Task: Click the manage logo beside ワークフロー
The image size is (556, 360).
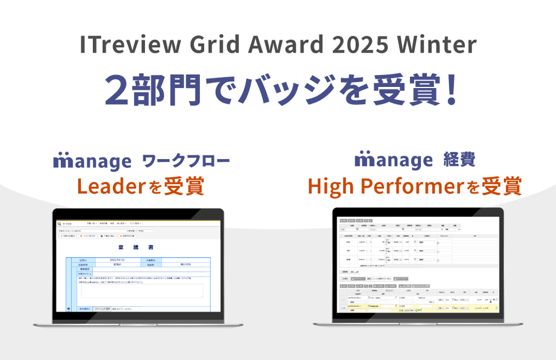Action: click(x=92, y=161)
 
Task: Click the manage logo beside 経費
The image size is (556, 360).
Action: click(x=393, y=160)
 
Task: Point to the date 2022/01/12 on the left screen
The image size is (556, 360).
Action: click(x=118, y=260)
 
